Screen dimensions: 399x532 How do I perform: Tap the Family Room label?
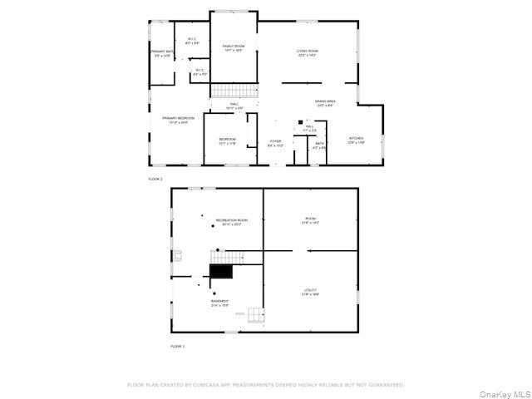pyautogui.click(x=233, y=47)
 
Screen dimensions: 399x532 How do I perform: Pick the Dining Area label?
pyautogui.click(x=325, y=103)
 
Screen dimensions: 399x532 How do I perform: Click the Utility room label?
pyautogui.click(x=310, y=292)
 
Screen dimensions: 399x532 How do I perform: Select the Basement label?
pyautogui.click(x=219, y=303)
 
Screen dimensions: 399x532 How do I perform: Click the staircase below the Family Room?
pyautogui.click(x=234, y=91)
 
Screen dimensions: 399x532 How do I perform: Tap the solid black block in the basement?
pyautogui.click(x=221, y=271)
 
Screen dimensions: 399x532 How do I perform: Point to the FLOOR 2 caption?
pyautogui.click(x=155, y=179)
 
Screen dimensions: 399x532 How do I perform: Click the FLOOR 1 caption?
pyautogui.click(x=178, y=346)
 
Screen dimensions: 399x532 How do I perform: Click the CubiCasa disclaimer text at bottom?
pyautogui.click(x=266, y=385)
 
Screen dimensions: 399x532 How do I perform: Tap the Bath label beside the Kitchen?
pyautogui.click(x=319, y=145)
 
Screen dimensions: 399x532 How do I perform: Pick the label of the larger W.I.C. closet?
pyautogui.click(x=191, y=40)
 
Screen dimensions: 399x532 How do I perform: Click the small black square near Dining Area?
pyautogui.click(x=298, y=121)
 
